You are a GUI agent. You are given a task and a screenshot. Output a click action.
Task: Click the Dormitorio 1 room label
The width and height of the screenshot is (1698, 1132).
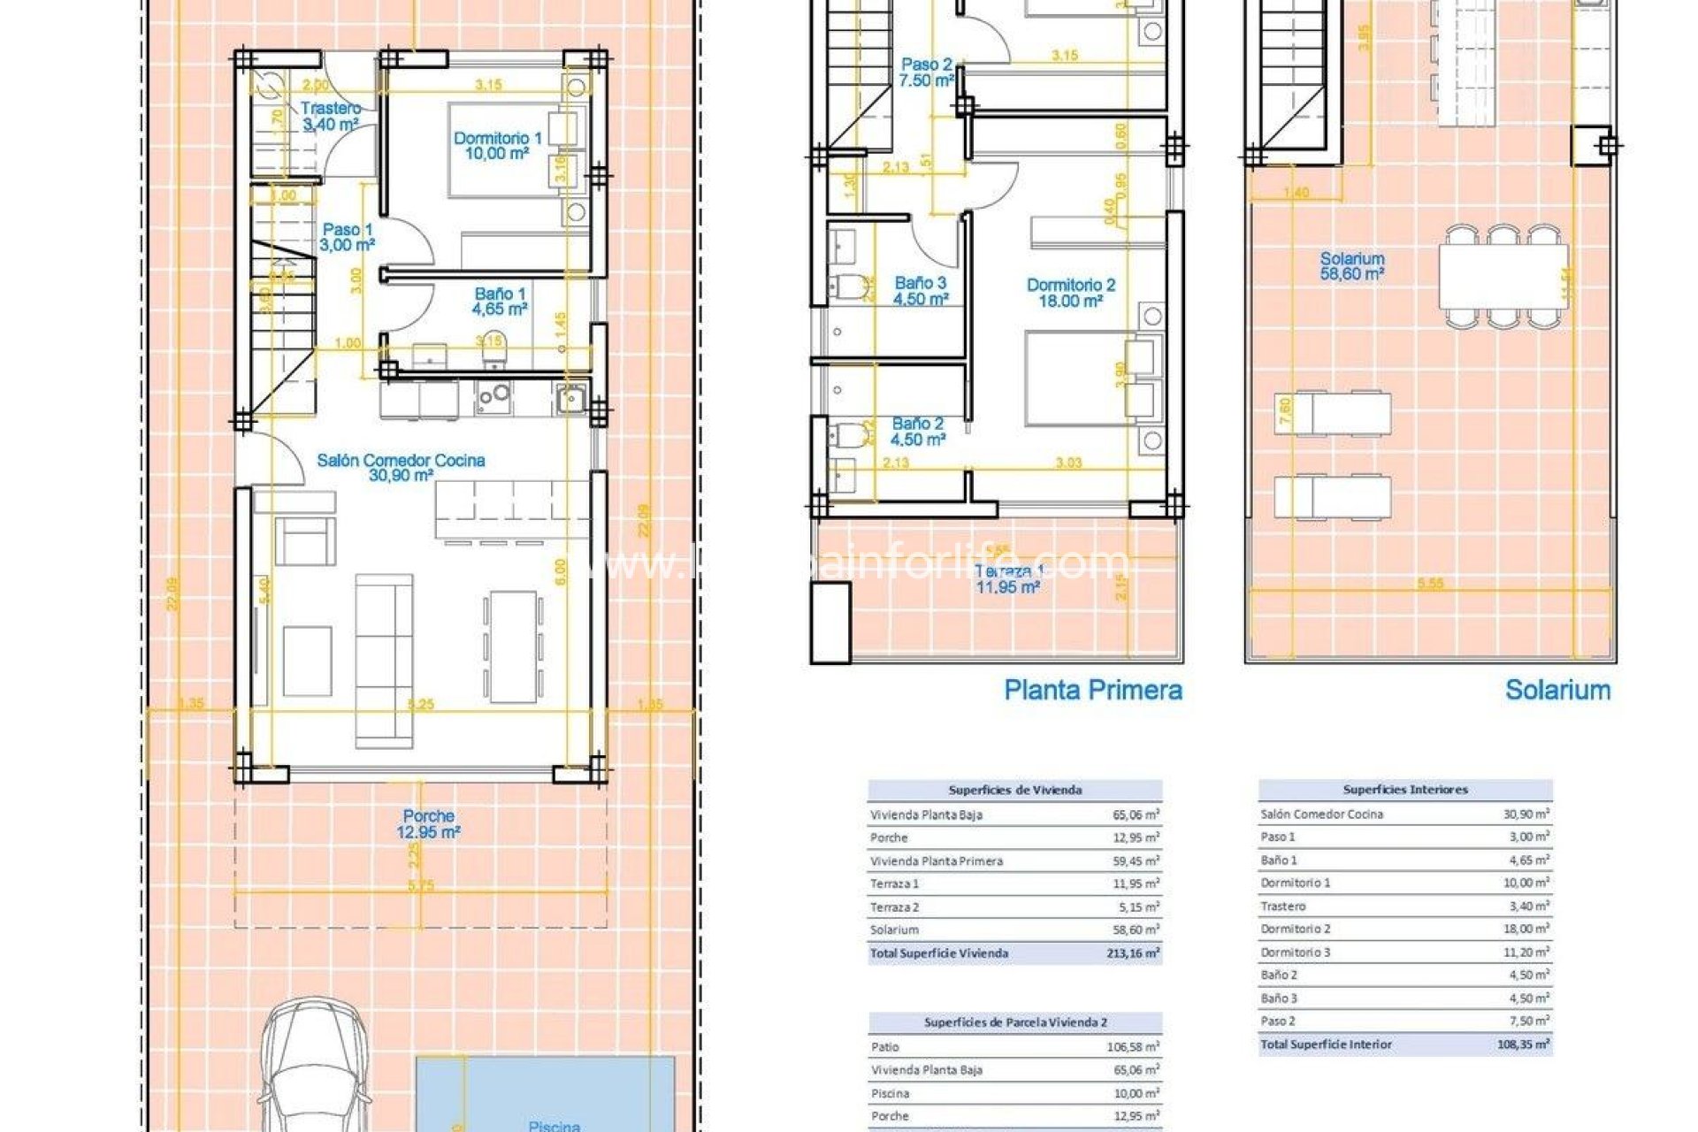pos(497,145)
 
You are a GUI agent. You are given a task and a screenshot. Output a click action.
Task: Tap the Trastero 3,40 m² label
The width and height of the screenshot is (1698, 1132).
pos(331,116)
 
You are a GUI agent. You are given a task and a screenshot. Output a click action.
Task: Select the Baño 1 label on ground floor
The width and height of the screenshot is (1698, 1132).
pos(500,301)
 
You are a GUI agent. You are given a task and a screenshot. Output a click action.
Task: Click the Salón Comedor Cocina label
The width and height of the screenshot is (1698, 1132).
pos(401,467)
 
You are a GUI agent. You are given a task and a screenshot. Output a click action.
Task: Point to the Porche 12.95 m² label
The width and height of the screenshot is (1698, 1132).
pos(428,823)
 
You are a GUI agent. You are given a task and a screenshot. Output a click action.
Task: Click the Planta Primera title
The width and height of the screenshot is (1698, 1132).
pos(1092,690)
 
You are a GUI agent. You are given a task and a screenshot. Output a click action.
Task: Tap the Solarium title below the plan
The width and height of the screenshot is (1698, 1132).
pos(1557,690)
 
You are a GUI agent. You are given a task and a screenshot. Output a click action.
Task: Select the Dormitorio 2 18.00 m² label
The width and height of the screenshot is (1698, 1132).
pos(1070,293)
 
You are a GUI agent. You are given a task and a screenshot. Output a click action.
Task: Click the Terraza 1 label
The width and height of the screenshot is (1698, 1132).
pos(1008,578)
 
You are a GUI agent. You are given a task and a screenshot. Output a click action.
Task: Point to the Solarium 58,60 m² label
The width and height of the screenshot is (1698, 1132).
pos(1351,266)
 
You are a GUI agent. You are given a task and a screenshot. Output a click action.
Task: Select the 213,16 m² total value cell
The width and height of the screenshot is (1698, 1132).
pos(1132,953)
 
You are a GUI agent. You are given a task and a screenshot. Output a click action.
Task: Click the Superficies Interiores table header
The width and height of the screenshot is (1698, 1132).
pos(1404,790)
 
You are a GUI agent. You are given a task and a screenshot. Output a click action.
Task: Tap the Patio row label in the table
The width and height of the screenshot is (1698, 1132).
pos(885,1047)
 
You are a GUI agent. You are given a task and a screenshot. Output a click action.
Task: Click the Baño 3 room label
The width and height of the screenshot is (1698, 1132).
pos(921,291)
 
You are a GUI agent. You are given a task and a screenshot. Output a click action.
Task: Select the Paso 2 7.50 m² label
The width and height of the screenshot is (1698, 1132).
pos(926,73)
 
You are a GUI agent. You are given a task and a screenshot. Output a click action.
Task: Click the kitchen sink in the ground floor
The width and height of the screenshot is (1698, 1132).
pos(570,399)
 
